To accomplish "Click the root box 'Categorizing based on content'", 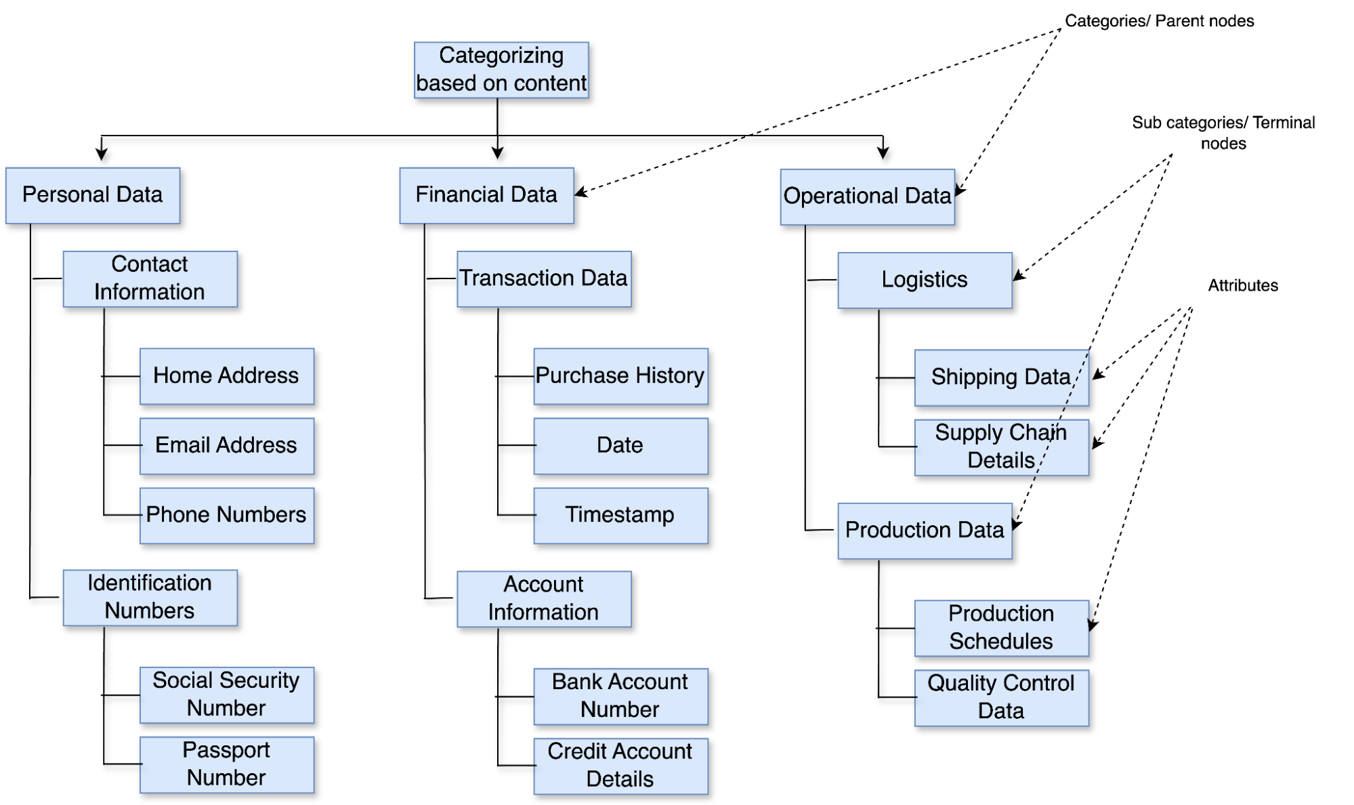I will pos(501,70).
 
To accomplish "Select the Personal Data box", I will pos(93,195).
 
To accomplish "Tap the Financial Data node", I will pos(486,195).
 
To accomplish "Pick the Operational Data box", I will pos(867,197).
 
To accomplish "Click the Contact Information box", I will pos(150,278).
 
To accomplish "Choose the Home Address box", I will pos(226,376).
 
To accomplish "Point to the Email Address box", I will pos(226,445).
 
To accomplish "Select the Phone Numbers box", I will pos(226,515).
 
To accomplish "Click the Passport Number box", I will pos(226,764).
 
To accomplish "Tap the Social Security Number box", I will pos(226,695).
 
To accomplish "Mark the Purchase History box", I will pos(620,376).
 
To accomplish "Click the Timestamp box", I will pos(620,515).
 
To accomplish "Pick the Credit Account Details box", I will pos(620,766).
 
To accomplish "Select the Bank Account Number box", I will pos(620,696).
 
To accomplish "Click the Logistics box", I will pos(925,280).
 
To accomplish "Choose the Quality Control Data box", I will pos(1001,697).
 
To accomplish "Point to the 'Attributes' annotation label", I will pos(1243,285).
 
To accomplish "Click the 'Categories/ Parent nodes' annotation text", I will pos(1159,21).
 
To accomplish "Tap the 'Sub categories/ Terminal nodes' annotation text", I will pos(1223,133).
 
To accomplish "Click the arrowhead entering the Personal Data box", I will pos(102,155).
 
